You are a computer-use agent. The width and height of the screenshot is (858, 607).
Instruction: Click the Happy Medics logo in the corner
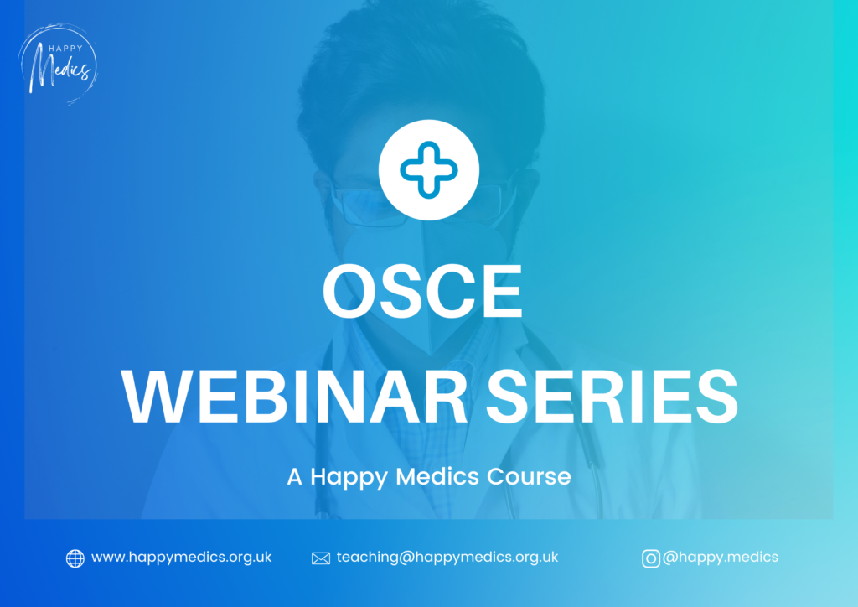pyautogui.click(x=58, y=64)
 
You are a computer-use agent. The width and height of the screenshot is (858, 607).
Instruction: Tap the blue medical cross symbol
pyautogui.click(x=429, y=169)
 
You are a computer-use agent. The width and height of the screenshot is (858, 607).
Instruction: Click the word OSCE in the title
pyautogui.click(x=422, y=291)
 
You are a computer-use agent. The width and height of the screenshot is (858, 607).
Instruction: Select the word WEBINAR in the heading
pyautogui.click(x=294, y=397)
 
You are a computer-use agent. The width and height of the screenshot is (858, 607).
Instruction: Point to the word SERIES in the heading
pyautogui.click(x=612, y=397)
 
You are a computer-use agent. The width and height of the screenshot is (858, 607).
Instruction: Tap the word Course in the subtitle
pyautogui.click(x=530, y=476)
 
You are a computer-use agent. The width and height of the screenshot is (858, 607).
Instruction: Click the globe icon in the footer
pyautogui.click(x=75, y=558)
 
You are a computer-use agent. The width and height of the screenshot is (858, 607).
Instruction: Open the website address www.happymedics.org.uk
pyautogui.click(x=181, y=558)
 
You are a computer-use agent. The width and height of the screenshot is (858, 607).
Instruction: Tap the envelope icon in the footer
pyautogui.click(x=321, y=558)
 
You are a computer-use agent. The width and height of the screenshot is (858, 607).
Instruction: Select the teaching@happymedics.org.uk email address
pyautogui.click(x=447, y=558)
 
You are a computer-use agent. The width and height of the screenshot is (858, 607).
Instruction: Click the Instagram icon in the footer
pyautogui.click(x=650, y=558)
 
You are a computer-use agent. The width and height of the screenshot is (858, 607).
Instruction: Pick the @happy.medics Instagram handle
pyautogui.click(x=720, y=558)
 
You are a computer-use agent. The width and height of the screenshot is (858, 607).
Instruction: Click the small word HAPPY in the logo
pyautogui.click(x=65, y=48)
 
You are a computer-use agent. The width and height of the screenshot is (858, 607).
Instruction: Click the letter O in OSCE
pyautogui.click(x=347, y=291)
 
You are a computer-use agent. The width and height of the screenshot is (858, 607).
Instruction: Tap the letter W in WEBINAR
pyautogui.click(x=157, y=397)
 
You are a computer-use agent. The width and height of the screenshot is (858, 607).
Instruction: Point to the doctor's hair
pyautogui.click(x=421, y=82)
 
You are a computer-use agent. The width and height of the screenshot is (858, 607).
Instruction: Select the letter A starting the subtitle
pyautogui.click(x=294, y=476)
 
